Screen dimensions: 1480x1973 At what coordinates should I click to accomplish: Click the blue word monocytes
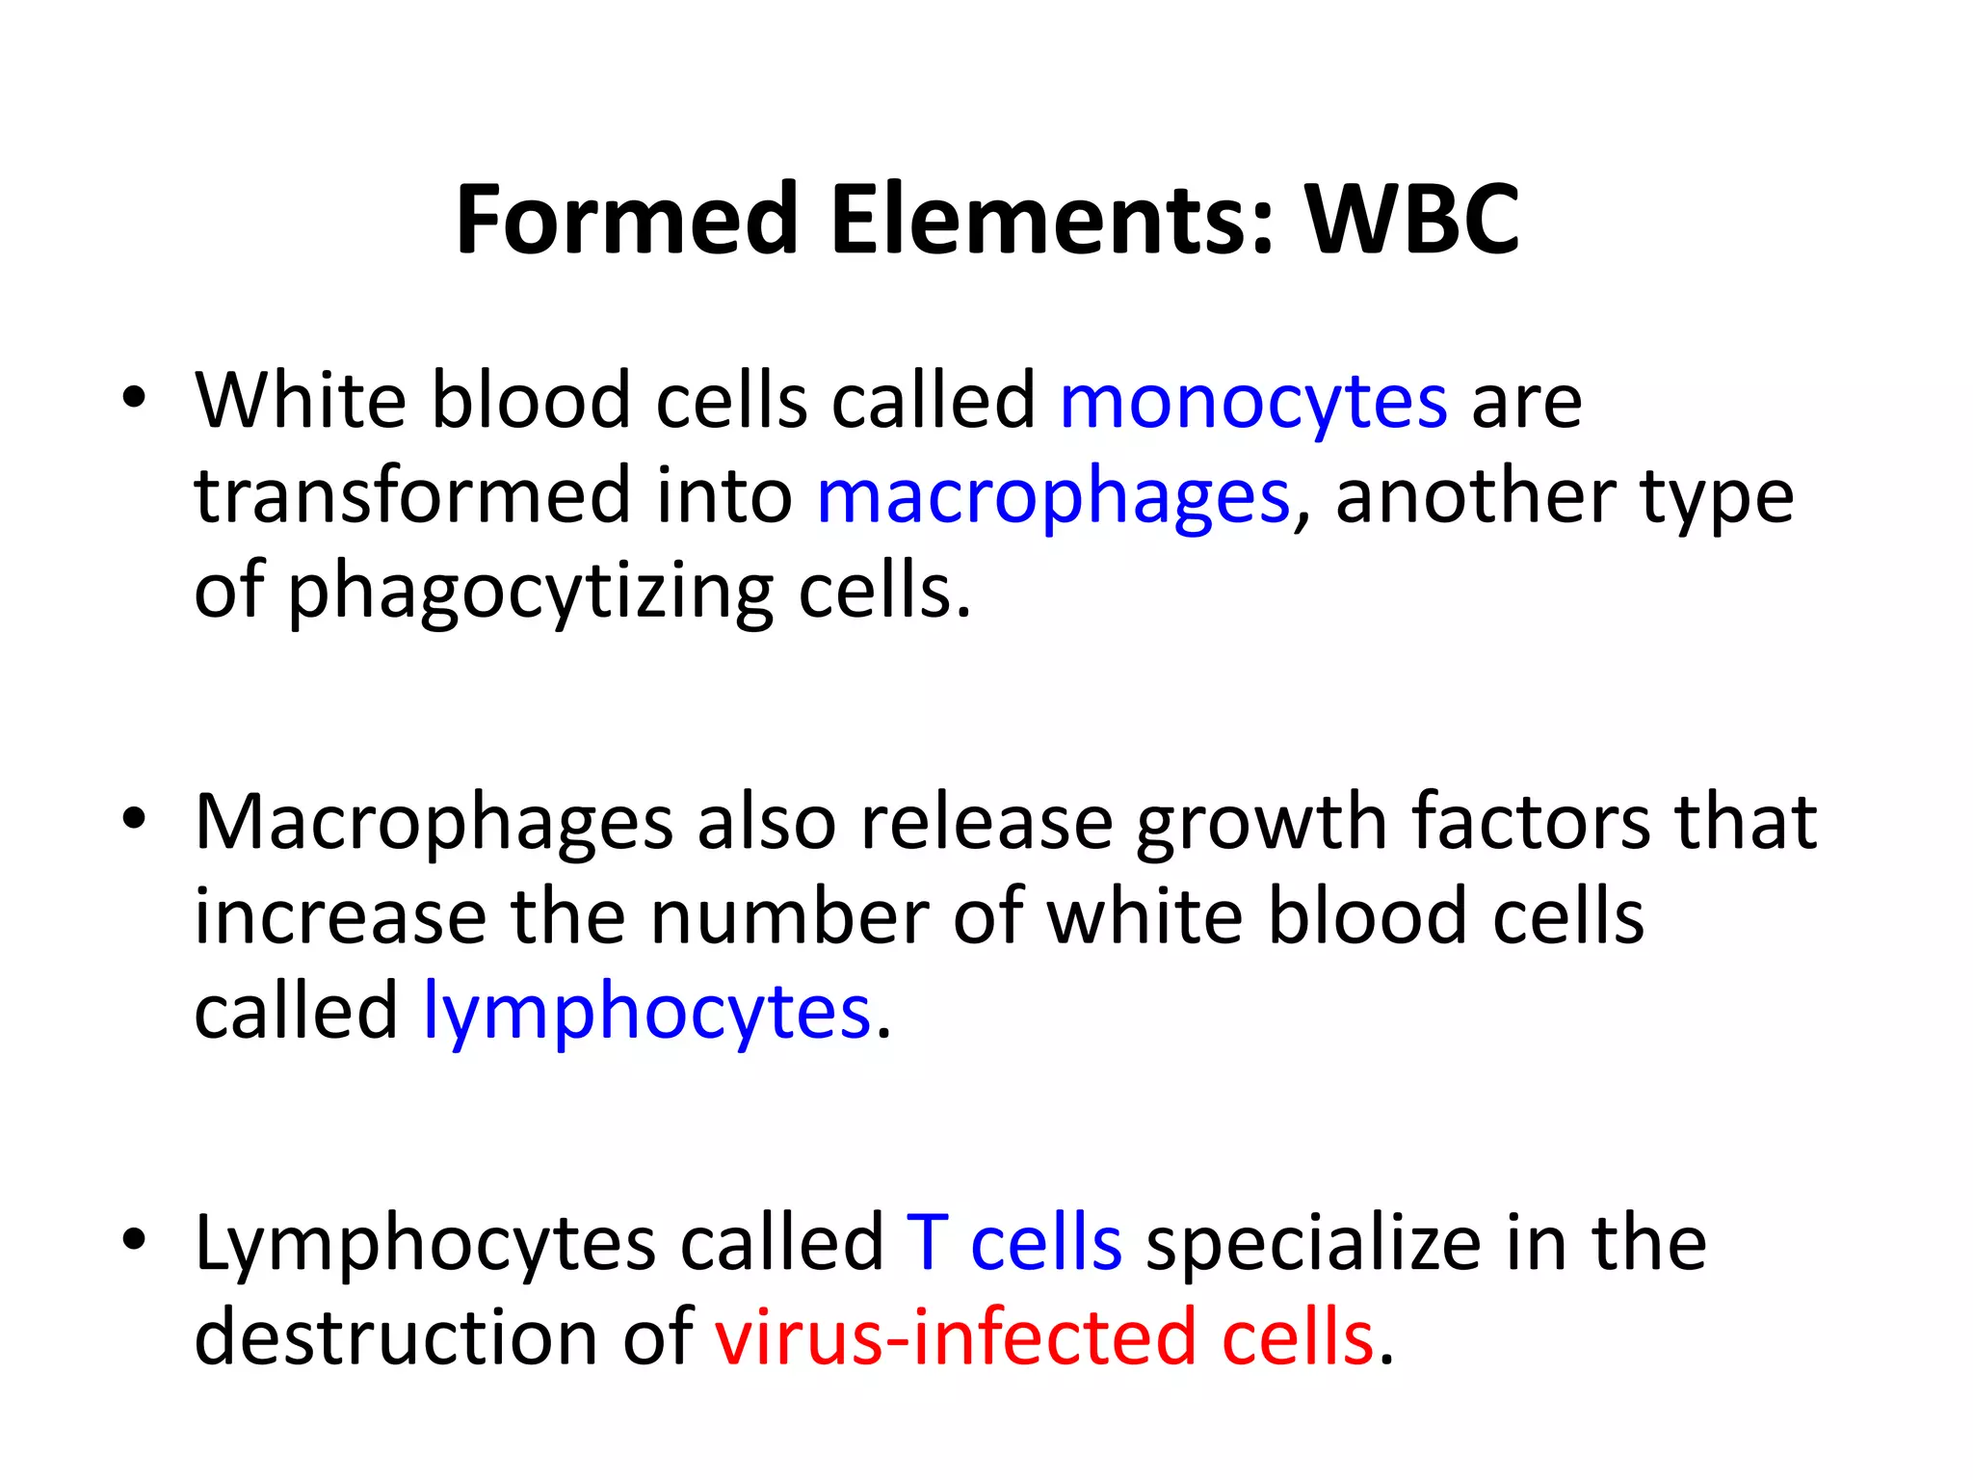pyautogui.click(x=1252, y=403)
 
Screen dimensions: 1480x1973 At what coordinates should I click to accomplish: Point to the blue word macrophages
pyautogui.click(x=1052, y=499)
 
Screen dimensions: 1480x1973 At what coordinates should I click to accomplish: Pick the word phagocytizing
pyautogui.click(x=531, y=593)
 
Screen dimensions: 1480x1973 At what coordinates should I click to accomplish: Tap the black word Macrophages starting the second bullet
pyautogui.click(x=434, y=824)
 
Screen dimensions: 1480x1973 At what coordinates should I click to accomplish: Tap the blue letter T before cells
pyautogui.click(x=928, y=1243)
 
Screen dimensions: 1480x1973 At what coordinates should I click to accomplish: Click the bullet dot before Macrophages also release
pyautogui.click(x=134, y=820)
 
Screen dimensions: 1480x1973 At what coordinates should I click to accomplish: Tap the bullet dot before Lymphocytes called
pyautogui.click(x=134, y=1241)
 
